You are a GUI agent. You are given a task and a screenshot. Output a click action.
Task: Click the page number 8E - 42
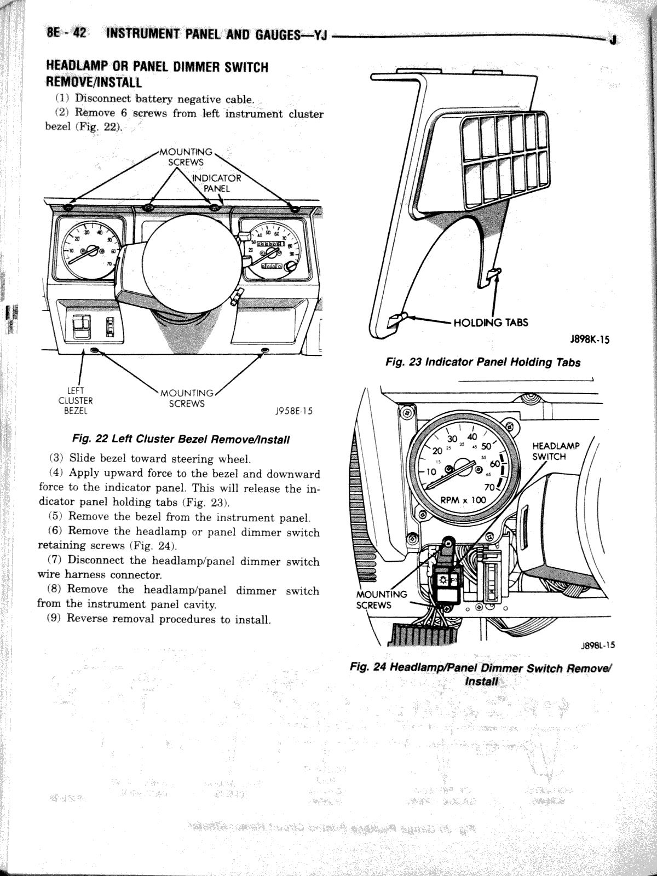(x=67, y=33)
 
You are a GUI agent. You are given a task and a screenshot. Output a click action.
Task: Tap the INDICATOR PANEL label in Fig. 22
(x=216, y=183)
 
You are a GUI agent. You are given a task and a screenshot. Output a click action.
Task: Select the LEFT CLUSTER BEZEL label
(x=76, y=401)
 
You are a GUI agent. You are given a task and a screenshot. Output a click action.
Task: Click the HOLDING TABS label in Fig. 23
(x=491, y=322)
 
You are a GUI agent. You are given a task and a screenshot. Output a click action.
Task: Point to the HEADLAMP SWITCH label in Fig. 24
(x=556, y=451)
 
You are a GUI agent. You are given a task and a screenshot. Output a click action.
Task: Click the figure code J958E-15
(x=293, y=411)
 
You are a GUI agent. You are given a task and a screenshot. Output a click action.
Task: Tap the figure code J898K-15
(x=589, y=339)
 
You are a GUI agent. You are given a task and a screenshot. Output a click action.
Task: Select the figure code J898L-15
(x=597, y=645)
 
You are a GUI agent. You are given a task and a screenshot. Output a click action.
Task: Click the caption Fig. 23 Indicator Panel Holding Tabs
(x=482, y=362)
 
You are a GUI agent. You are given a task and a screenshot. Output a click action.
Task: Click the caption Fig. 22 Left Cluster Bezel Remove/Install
(x=181, y=439)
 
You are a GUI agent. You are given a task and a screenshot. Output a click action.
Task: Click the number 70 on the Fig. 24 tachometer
(x=490, y=487)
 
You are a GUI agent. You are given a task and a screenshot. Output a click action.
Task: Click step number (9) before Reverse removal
(x=55, y=619)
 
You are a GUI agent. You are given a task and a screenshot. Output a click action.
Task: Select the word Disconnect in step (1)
(x=102, y=99)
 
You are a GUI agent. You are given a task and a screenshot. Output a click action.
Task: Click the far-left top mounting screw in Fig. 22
(x=68, y=207)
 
